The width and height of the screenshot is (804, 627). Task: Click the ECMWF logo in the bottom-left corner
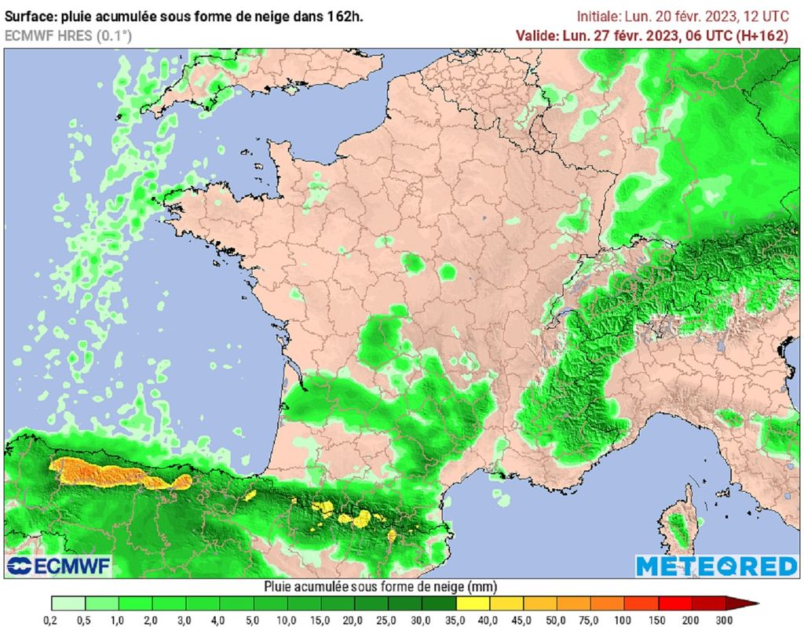click(59, 565)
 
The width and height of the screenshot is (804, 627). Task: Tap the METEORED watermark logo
click(716, 566)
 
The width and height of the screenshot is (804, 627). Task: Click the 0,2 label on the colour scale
click(52, 620)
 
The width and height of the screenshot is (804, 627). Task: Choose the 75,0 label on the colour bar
click(592, 620)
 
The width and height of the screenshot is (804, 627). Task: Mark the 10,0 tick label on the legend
click(288, 620)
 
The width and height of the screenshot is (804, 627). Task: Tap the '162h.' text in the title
click(346, 16)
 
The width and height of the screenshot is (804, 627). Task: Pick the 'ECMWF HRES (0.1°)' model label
click(68, 35)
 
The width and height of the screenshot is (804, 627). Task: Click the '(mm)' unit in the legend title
click(482, 586)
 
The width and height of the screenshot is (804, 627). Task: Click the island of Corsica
click(682, 523)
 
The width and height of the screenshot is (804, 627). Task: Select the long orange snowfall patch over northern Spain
click(118, 473)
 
